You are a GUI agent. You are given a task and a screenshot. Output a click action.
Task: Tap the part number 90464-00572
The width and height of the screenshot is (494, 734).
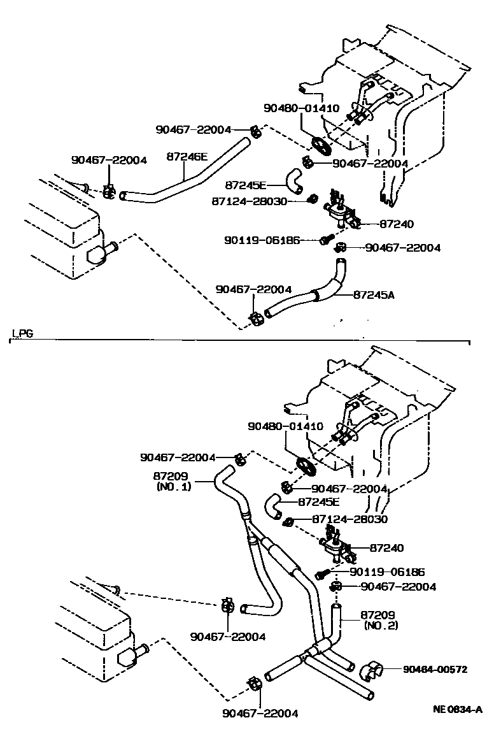[x=435, y=669]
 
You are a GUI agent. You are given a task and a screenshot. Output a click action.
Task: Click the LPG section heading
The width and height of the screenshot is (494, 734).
[x=23, y=333]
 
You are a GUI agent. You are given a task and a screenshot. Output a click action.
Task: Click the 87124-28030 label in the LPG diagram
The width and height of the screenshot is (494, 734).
[x=350, y=519]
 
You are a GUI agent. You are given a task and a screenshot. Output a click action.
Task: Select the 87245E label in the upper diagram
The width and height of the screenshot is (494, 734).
[x=246, y=185]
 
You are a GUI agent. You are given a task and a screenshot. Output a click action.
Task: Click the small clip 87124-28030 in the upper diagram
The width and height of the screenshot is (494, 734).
[x=312, y=200]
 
